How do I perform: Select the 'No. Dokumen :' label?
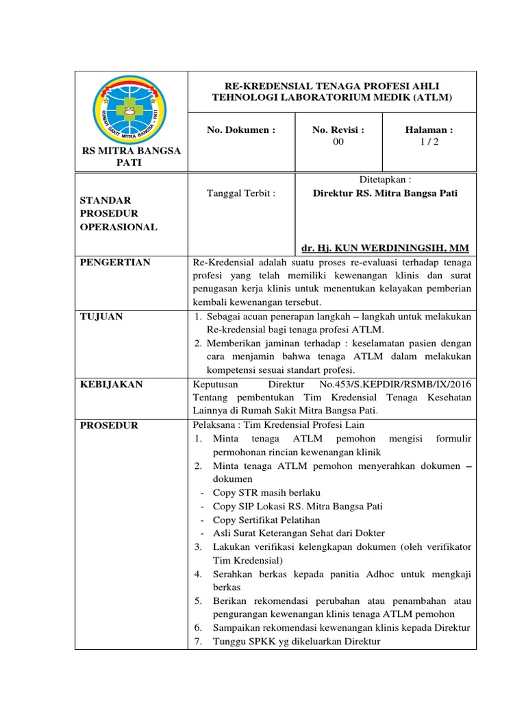(x=242, y=130)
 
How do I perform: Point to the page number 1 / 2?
(x=430, y=142)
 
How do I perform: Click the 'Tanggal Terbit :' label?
(x=241, y=193)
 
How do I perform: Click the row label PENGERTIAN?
(x=116, y=263)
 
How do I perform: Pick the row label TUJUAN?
(x=102, y=316)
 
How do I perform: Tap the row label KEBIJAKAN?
(x=112, y=385)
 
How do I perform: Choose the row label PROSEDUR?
(x=110, y=425)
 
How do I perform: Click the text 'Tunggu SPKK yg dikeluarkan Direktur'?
(x=296, y=642)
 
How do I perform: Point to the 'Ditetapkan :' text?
(x=385, y=180)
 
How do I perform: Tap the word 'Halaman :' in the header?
(x=430, y=130)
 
